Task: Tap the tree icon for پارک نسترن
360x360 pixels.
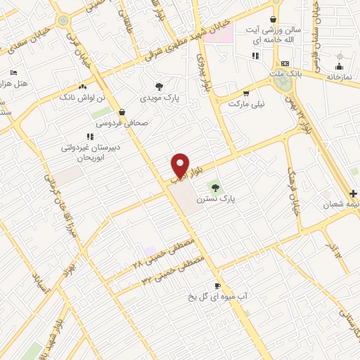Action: pyautogui.click(x=215, y=188)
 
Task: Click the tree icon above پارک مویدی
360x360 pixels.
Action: pyautogui.click(x=161, y=87)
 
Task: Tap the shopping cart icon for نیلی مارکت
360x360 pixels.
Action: pyautogui.click(x=246, y=93)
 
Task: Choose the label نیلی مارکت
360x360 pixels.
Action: pyautogui.click(x=246, y=104)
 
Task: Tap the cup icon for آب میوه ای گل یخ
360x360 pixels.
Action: pyautogui.click(x=217, y=285)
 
